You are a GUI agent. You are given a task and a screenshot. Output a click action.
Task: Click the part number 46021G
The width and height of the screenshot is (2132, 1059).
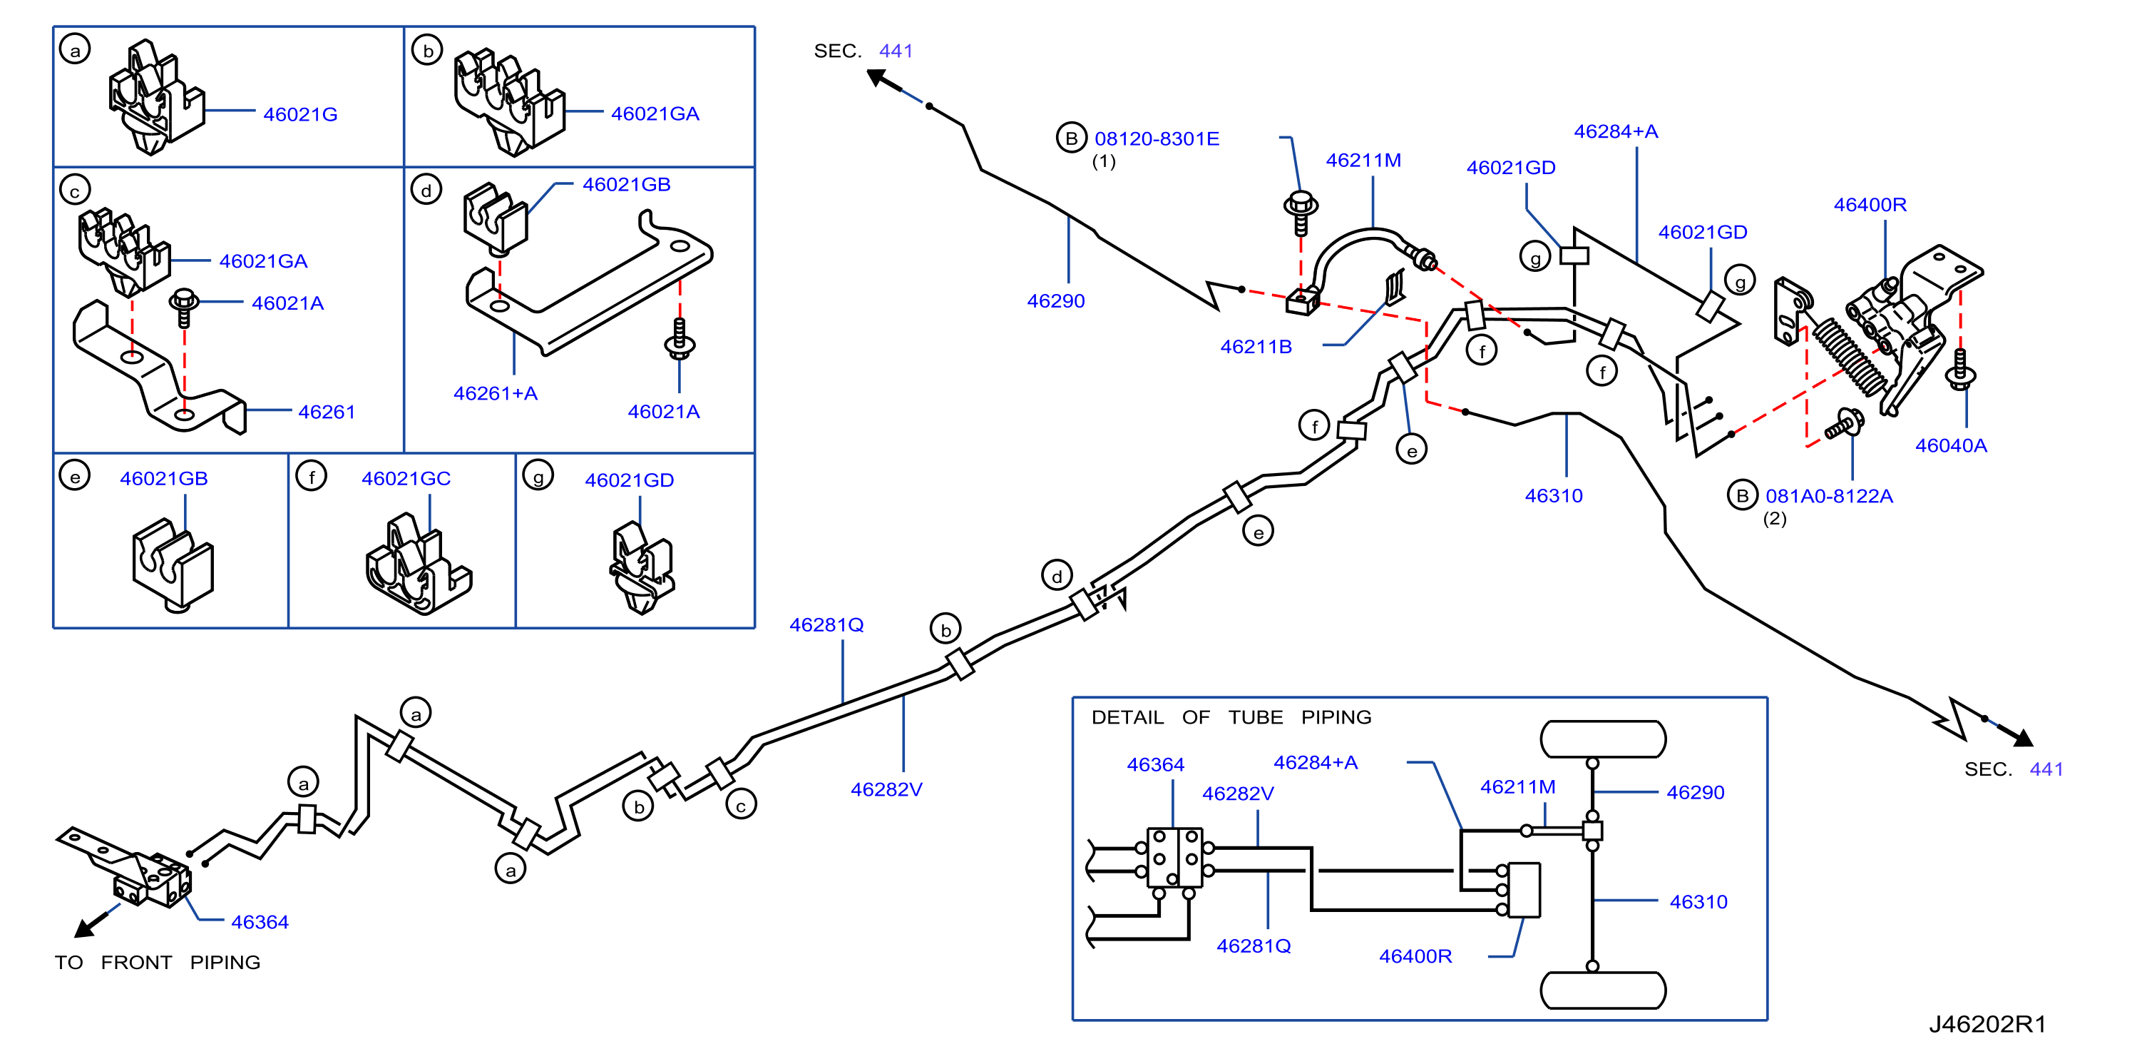pos(300,114)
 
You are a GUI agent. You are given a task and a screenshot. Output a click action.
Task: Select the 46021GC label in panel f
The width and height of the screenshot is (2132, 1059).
pos(406,479)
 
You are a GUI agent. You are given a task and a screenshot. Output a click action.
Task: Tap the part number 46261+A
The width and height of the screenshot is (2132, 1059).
pos(495,393)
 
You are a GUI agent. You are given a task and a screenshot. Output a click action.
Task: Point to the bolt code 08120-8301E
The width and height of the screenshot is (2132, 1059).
pos(1157,139)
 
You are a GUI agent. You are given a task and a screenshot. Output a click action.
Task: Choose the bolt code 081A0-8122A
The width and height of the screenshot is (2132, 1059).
pos(1829,496)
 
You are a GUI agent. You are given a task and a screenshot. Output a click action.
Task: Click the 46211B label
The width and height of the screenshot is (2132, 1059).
pos(1256,347)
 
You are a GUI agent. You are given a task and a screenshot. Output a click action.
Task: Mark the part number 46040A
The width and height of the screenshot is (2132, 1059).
pos(1951,445)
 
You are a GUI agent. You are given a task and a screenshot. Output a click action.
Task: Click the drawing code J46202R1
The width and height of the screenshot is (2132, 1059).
pos(1987,1024)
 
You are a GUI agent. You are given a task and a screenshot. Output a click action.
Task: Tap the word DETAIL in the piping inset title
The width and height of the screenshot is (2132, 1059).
pos(1127,717)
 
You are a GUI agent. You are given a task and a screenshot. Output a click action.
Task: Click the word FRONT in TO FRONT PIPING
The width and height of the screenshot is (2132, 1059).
pos(137,962)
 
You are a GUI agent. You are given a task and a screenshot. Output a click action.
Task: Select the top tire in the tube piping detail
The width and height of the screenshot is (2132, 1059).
pos(1603,739)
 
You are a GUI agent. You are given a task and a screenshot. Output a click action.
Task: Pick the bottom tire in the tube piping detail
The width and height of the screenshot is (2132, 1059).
pos(1603,990)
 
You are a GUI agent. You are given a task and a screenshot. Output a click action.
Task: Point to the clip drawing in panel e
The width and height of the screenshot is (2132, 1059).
pos(173,565)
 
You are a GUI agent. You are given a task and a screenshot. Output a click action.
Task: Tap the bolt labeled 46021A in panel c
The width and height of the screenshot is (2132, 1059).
pos(183,308)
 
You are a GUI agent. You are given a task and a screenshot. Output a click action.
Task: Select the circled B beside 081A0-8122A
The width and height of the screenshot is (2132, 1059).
pos(1742,495)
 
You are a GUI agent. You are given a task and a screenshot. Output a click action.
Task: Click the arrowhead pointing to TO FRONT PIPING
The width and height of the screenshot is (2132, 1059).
pos(83,929)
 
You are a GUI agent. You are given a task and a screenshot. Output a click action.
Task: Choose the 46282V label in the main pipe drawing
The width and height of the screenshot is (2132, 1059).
pos(886,789)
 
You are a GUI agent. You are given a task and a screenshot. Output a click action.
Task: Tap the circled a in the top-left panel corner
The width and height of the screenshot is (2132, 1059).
pos(76,51)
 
